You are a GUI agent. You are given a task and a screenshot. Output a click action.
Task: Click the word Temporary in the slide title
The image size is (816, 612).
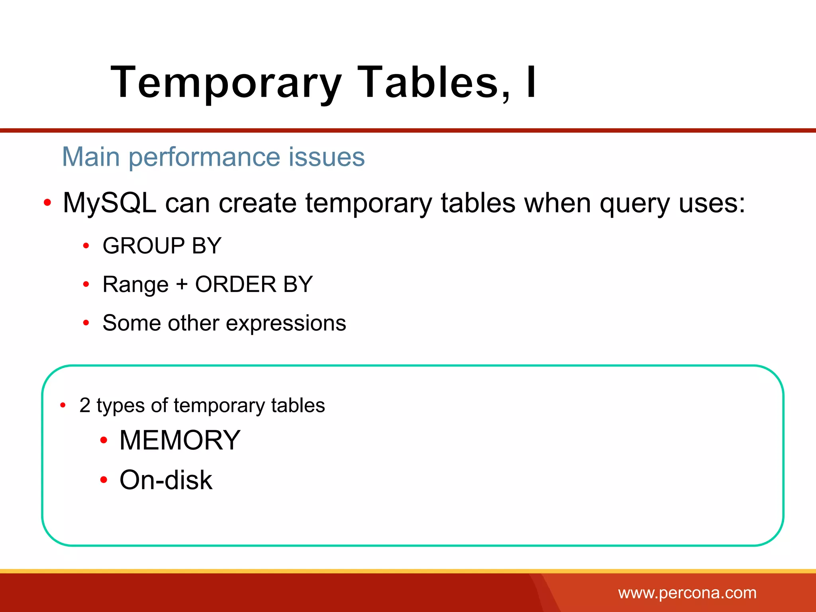[x=226, y=83]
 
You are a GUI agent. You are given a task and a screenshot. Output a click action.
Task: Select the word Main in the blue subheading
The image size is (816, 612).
[x=91, y=157]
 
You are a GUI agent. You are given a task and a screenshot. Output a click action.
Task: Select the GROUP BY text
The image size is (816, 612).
[x=162, y=245]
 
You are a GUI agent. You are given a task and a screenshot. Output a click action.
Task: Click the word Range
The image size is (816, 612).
[x=135, y=285]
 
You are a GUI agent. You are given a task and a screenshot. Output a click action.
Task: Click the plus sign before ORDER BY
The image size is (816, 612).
[x=182, y=284]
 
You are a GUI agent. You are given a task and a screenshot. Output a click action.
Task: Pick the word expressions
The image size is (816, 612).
[x=286, y=323]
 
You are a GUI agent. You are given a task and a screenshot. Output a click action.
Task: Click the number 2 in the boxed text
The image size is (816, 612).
[x=85, y=406]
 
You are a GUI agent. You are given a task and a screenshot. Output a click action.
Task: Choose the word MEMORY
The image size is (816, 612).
[x=180, y=440]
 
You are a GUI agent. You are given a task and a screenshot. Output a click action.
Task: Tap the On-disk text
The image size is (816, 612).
[x=166, y=480]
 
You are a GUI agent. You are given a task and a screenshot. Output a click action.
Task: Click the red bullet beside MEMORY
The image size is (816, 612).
[x=104, y=440]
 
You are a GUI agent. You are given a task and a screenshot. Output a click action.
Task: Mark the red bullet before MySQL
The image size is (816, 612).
[x=47, y=203]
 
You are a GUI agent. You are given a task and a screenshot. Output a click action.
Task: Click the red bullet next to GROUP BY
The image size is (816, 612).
[x=86, y=245]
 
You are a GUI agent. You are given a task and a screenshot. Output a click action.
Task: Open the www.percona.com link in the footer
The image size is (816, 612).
[x=687, y=593]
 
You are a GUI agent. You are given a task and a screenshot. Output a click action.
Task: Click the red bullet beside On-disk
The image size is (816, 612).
[x=104, y=480]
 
